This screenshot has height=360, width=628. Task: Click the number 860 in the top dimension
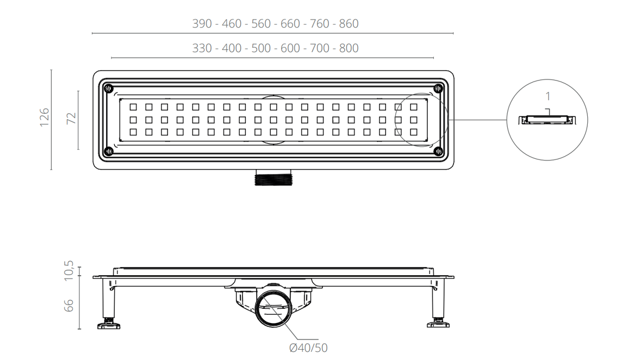click(x=349, y=23)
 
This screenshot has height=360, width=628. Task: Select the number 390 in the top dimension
click(x=202, y=23)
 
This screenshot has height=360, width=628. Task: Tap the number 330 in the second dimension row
click(x=202, y=48)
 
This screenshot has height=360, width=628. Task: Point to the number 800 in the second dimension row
click(x=349, y=48)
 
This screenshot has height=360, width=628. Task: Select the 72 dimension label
click(x=71, y=118)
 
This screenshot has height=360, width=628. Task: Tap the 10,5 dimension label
click(x=69, y=270)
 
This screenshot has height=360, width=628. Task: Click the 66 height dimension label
click(x=69, y=306)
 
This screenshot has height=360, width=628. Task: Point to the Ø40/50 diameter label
click(x=308, y=348)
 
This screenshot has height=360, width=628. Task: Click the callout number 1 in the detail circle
click(x=548, y=96)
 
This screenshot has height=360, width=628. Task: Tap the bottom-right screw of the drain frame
click(x=438, y=151)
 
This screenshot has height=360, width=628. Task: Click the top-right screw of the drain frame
click(x=438, y=88)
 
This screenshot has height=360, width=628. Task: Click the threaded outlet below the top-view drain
click(x=273, y=177)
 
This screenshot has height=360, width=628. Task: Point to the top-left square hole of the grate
click(x=133, y=107)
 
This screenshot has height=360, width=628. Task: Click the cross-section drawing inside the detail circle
click(x=548, y=119)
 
